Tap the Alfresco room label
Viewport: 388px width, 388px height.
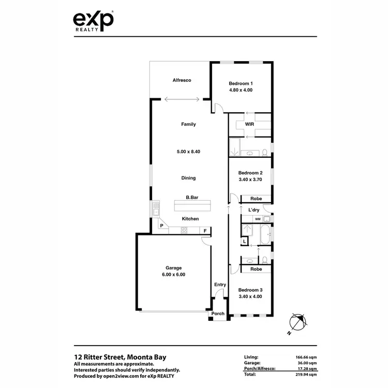(x=182, y=80)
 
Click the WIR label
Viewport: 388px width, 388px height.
(x=249, y=124)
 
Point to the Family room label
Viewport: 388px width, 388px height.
(x=188, y=124)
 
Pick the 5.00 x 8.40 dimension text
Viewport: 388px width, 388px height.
(x=188, y=152)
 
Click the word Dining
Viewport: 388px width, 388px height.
(x=188, y=178)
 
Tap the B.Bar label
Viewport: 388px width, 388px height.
(x=193, y=197)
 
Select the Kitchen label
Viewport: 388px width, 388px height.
(x=190, y=219)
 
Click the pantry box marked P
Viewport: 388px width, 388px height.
(x=161, y=226)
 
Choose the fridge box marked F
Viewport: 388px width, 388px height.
(x=205, y=230)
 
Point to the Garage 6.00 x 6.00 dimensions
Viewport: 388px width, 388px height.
(x=173, y=275)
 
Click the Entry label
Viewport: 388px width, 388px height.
(x=220, y=285)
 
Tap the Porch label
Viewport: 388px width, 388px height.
(x=218, y=314)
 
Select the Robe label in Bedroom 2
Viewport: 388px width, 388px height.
(x=256, y=199)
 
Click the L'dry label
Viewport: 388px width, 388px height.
(x=253, y=210)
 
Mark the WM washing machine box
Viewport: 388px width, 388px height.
(x=258, y=220)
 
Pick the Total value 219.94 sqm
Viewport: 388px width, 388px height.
(x=304, y=372)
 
